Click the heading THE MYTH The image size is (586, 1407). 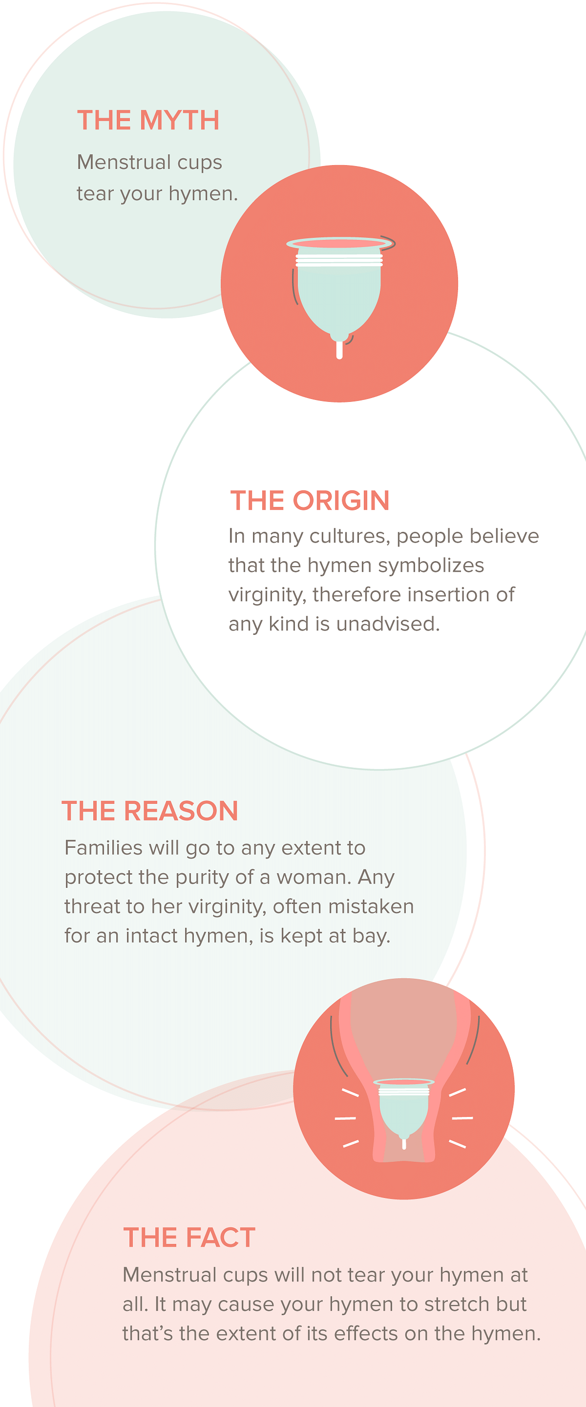pyautogui.click(x=148, y=120)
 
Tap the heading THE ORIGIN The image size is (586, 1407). pyautogui.click(x=310, y=500)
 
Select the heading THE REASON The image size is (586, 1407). pyautogui.click(x=149, y=811)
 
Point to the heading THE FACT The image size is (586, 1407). pyautogui.click(x=189, y=1237)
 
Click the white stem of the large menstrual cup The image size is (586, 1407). pyautogui.click(x=339, y=350)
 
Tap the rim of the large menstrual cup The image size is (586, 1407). pyautogui.click(x=340, y=243)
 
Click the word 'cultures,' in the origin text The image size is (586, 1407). pyautogui.click(x=350, y=536)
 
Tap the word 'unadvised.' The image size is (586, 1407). pyautogui.click(x=388, y=624)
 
